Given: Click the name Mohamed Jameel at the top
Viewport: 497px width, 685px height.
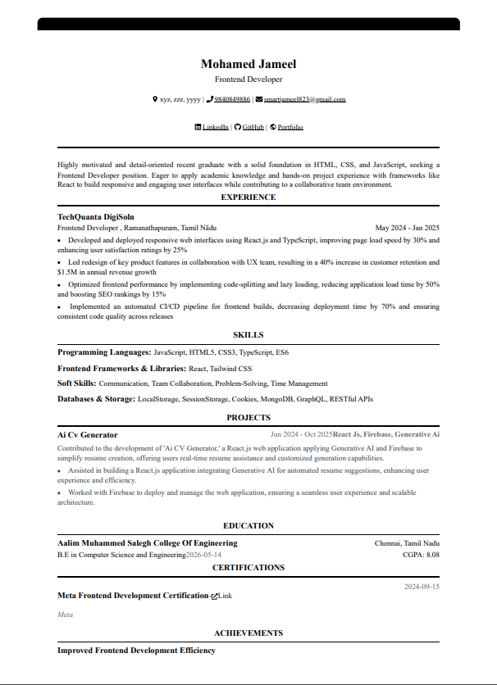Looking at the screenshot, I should (248, 64).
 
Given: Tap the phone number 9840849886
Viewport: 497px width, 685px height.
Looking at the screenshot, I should (232, 99).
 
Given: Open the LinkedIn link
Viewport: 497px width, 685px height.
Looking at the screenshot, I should (215, 127).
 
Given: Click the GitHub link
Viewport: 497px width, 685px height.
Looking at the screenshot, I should (253, 127).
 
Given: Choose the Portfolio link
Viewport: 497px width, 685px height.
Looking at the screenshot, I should (290, 127).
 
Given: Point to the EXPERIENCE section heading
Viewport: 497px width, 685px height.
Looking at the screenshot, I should (248, 197).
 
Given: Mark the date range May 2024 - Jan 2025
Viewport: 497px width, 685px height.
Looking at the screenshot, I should (407, 227).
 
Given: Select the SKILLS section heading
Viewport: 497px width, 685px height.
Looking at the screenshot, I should (248, 334).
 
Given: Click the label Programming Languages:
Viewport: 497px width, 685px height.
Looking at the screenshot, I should (104, 352).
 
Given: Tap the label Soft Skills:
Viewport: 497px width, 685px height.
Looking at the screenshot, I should (76, 383).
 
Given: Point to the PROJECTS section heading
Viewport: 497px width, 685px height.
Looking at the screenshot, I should (248, 417).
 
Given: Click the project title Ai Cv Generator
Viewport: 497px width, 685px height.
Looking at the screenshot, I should (88, 434).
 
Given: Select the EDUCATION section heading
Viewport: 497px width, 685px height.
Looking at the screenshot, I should (248, 525).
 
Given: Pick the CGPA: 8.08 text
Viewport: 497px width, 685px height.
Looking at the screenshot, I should (422, 555).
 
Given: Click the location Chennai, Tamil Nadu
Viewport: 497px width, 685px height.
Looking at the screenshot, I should (407, 543).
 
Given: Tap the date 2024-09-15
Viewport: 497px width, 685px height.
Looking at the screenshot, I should (422, 586).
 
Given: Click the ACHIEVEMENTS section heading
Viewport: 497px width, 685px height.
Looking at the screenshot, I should (248, 633).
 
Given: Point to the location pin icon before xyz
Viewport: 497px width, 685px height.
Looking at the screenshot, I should (155, 99).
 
